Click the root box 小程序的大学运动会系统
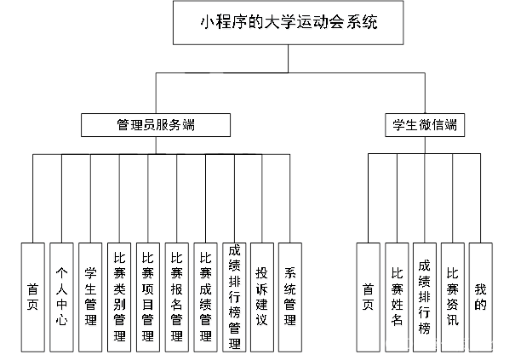coord(289,23)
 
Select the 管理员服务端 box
coord(156,125)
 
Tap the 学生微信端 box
coord(424,125)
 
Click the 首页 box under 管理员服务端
coord(32,296)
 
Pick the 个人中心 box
coord(61,296)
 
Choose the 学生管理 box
coord(90,296)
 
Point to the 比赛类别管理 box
coord(119,296)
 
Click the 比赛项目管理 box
coord(148,296)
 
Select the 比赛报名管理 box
coord(177,296)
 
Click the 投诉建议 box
coord(262,296)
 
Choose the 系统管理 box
coord(290,296)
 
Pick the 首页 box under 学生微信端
coord(368,296)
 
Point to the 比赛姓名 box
coord(396,296)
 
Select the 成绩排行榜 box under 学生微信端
coord(424,296)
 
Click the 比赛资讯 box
coord(453,296)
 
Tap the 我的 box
coord(480,296)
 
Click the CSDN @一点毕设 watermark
coord(443,344)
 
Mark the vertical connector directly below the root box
coord(289,59)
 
